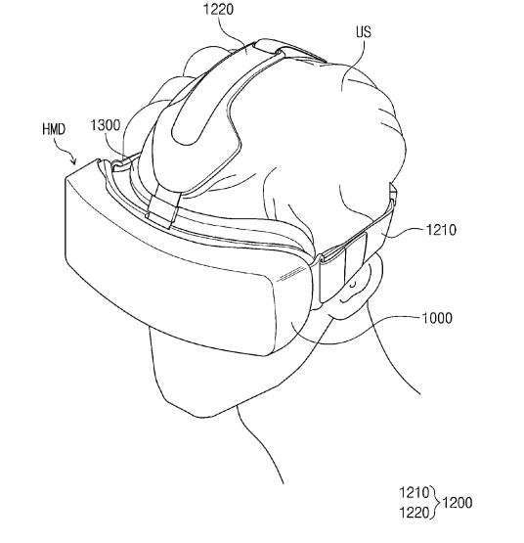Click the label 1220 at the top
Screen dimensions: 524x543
(x=218, y=9)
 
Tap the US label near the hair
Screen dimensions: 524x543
(x=363, y=32)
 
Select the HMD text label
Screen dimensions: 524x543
(x=54, y=129)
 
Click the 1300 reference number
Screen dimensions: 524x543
(x=106, y=125)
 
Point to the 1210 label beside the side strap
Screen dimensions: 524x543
(x=441, y=230)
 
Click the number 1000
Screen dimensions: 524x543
(x=437, y=318)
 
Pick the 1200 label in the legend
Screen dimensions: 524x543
(x=458, y=503)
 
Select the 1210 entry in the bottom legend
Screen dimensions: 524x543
(x=414, y=492)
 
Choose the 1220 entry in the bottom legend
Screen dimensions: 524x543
(x=414, y=513)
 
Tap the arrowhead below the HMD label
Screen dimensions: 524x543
(x=73, y=160)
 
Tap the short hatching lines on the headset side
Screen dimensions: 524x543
(x=291, y=274)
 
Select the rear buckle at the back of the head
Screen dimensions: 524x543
(x=392, y=192)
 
